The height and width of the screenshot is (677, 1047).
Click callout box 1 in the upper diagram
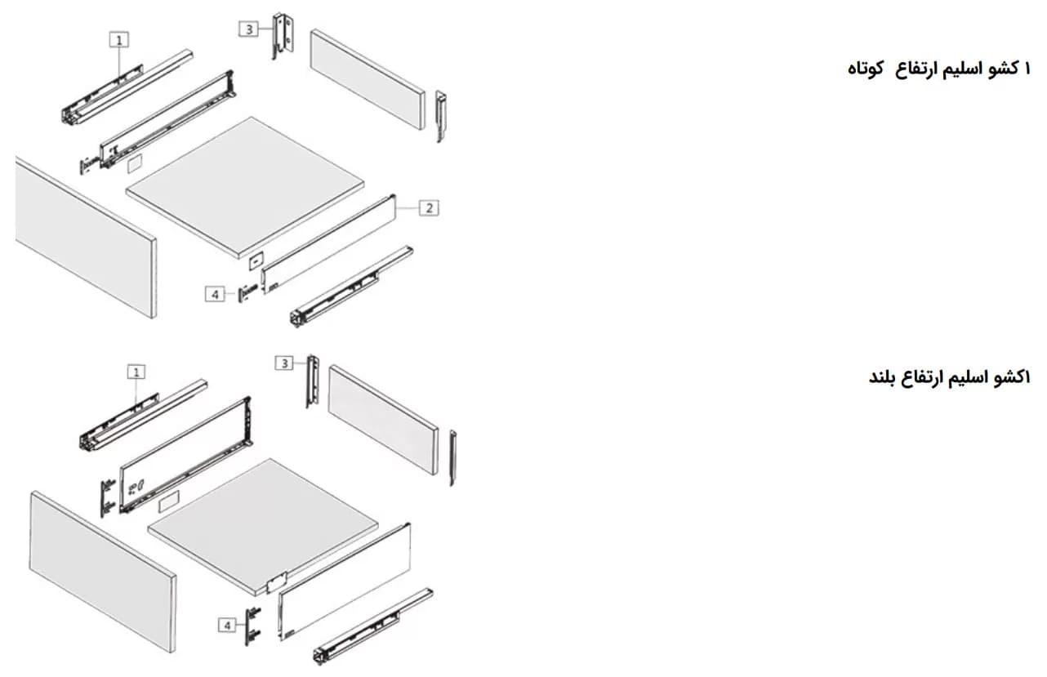[119, 40]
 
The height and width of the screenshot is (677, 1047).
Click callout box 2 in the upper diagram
[429, 207]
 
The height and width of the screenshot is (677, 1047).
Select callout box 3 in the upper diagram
[248, 29]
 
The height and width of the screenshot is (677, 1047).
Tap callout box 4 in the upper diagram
[215, 294]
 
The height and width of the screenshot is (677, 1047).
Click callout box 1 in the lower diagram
[136, 372]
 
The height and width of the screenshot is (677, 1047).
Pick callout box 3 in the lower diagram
[284, 363]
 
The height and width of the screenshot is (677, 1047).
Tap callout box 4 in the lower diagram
[227, 625]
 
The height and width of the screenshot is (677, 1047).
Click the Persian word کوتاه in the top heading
[865, 69]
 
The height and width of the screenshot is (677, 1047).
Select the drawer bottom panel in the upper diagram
[245, 187]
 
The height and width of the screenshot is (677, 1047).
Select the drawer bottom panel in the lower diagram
[263, 526]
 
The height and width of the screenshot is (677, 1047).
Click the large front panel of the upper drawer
[87, 238]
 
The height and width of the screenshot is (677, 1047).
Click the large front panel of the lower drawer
[103, 572]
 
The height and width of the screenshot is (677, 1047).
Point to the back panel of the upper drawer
[368, 79]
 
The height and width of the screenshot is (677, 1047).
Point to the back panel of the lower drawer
[383, 420]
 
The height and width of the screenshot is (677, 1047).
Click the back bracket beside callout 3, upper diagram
[283, 36]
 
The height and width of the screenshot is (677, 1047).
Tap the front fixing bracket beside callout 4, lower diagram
[253, 626]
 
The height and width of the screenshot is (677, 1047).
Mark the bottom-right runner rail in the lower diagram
[373, 627]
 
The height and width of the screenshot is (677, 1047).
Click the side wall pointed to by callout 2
[328, 243]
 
